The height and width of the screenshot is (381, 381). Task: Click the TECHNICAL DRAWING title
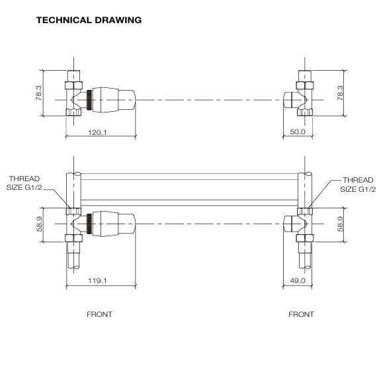(x=89, y=20)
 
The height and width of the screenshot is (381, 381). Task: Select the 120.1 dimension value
(x=99, y=132)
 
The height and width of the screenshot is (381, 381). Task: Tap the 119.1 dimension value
(x=99, y=280)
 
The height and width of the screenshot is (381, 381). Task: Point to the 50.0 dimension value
(x=298, y=132)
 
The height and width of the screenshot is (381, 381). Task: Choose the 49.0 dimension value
(x=298, y=280)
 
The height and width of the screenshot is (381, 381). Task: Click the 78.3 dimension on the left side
(x=39, y=93)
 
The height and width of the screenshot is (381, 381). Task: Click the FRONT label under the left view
(x=99, y=314)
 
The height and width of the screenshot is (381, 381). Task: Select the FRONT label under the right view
(x=301, y=314)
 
